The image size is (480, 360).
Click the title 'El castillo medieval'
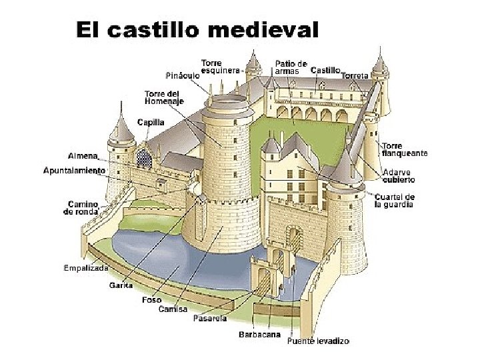pyautogui.click(x=197, y=30)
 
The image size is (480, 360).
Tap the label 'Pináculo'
pyautogui.click(x=182, y=75)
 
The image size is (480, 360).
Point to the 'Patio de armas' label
pyautogui.click(x=291, y=67)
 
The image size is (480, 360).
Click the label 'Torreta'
pyautogui.click(x=355, y=76)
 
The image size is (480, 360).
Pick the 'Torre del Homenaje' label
pyautogui.click(x=163, y=97)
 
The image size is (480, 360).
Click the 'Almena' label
pyautogui.click(x=82, y=156)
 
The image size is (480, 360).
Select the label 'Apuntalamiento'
pyautogui.click(x=74, y=171)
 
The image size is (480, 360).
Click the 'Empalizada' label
pyautogui.click(x=85, y=268)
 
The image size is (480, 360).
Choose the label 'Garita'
pyautogui.click(x=121, y=285)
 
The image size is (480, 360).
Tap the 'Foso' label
pyautogui.click(x=151, y=300)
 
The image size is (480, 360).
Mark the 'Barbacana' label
pyautogui.click(x=259, y=335)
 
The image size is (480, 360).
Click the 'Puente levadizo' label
pyautogui.click(x=317, y=341)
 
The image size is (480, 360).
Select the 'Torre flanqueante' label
pyautogui.click(x=404, y=149)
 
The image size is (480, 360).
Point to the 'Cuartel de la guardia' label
pyautogui.click(x=394, y=201)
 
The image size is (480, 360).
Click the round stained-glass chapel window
pyautogui.click(x=143, y=158)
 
